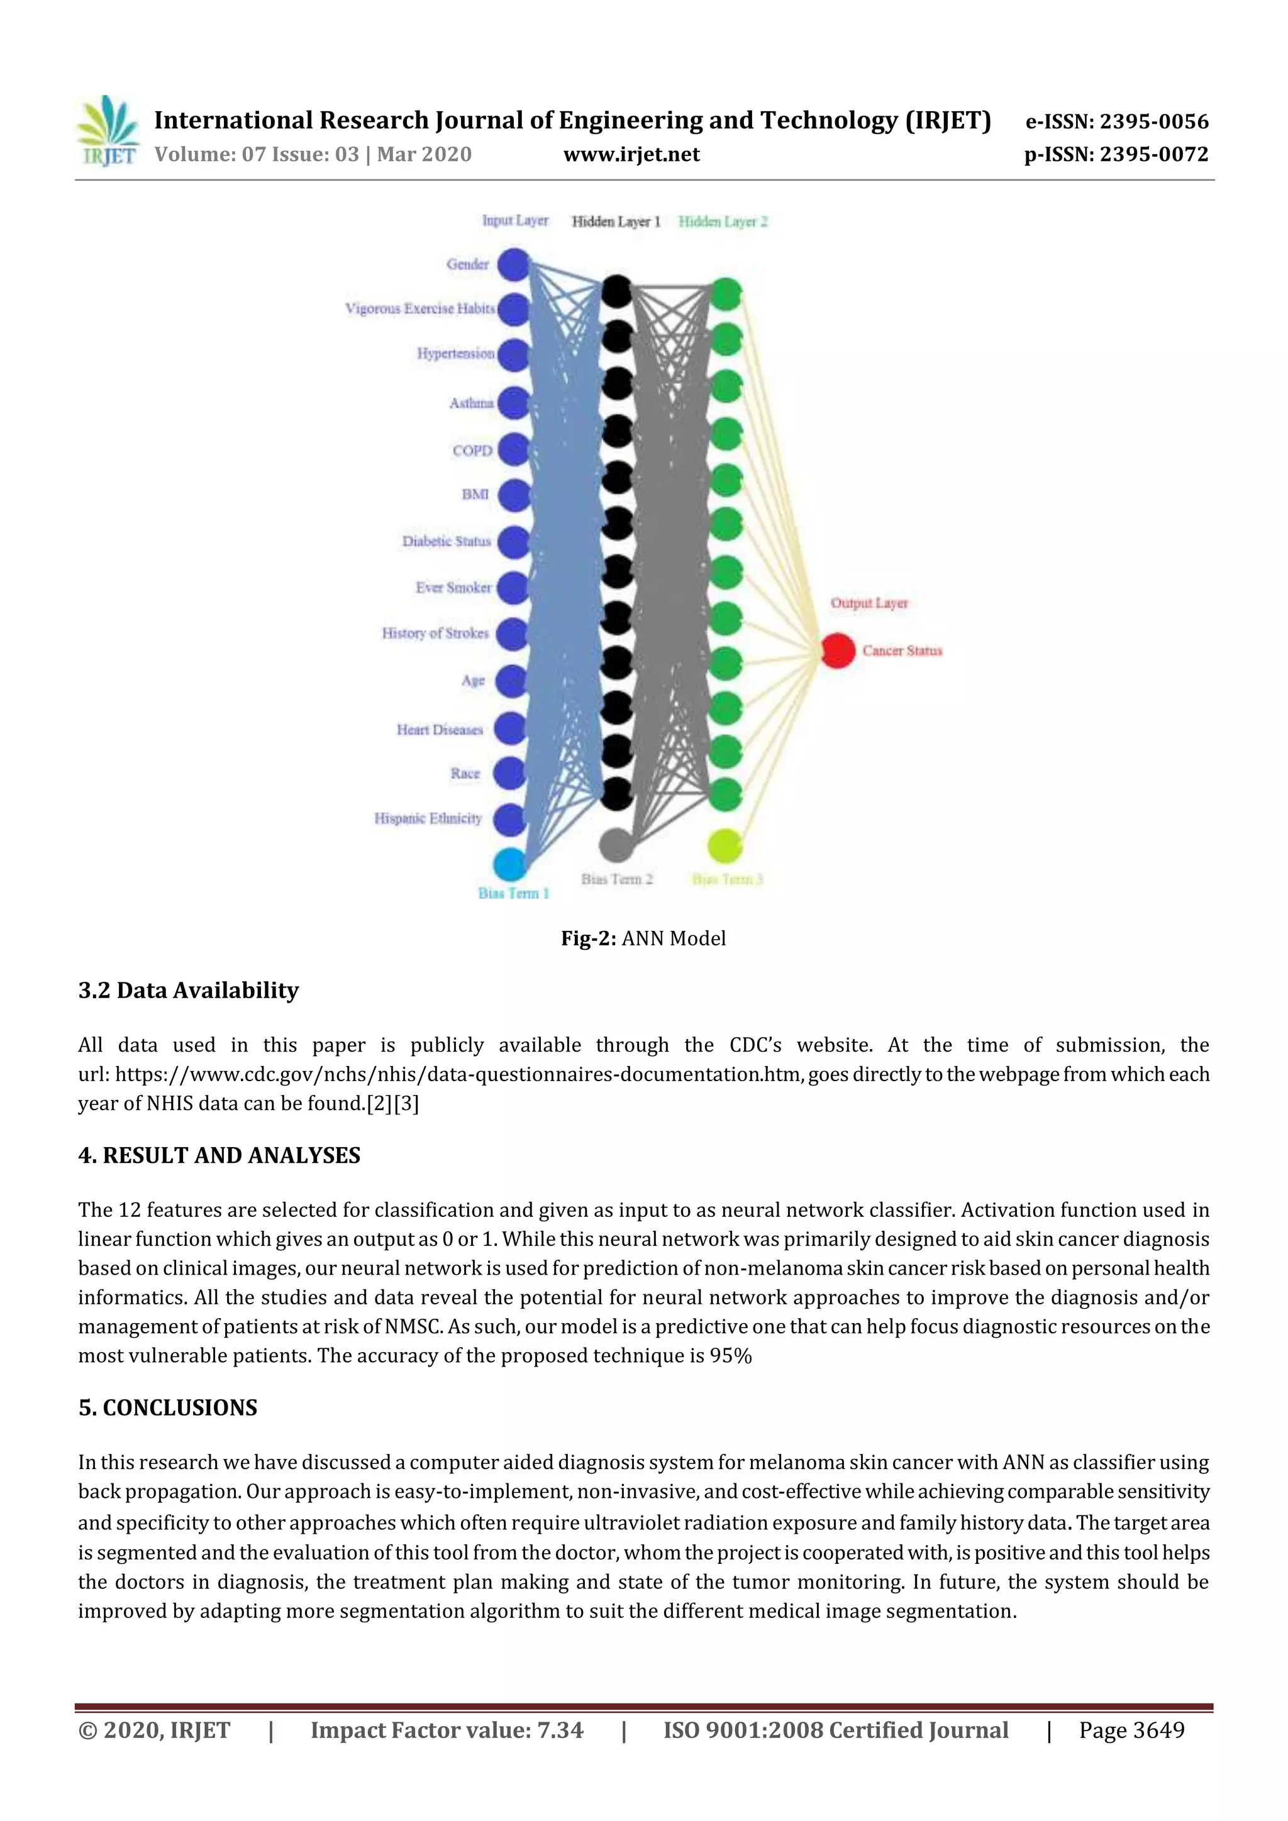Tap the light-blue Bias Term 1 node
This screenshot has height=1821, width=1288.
pyautogui.click(x=509, y=864)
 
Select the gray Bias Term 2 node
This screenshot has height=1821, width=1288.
pyautogui.click(x=616, y=845)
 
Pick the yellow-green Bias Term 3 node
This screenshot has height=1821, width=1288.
pyautogui.click(x=724, y=846)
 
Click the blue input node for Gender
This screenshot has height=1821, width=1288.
pyautogui.click(x=513, y=264)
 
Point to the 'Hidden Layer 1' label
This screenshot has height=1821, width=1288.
pyautogui.click(x=616, y=221)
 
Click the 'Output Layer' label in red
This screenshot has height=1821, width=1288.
pyautogui.click(x=869, y=603)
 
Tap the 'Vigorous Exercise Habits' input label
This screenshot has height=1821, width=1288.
pyautogui.click(x=420, y=309)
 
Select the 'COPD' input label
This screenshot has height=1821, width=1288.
pyautogui.click(x=472, y=451)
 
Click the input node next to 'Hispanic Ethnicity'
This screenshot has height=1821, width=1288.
pyautogui.click(x=509, y=819)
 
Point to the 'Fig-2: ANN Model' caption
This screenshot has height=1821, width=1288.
pyautogui.click(x=643, y=938)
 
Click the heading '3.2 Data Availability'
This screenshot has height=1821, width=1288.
pyautogui.click(x=188, y=990)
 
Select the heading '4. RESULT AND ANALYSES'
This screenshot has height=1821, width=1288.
pyautogui.click(x=219, y=1155)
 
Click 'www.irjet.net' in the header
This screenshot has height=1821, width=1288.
pyautogui.click(x=631, y=154)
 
